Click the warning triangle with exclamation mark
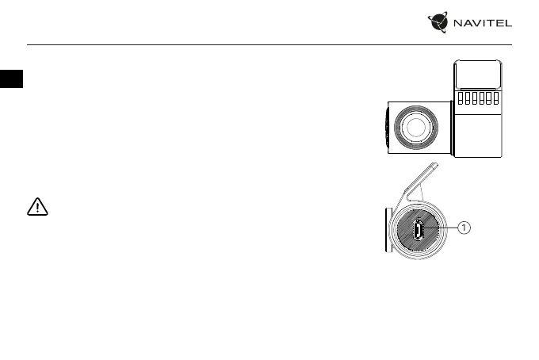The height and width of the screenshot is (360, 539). (37, 208)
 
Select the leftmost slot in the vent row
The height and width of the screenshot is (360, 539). (460, 98)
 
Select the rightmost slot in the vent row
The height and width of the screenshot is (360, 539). (495, 98)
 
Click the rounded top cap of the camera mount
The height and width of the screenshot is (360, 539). (478, 75)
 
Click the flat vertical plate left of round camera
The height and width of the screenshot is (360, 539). (387, 230)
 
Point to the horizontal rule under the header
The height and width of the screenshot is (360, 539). (269, 44)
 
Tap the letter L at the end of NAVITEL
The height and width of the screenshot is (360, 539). (510, 24)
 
